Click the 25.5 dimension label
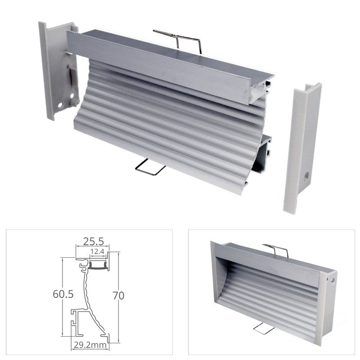(93, 242)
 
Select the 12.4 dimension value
(97, 252)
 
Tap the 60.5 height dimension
(63, 294)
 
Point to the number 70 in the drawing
(118, 296)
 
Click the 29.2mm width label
(90, 345)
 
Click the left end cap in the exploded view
(59, 70)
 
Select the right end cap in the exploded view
(302, 149)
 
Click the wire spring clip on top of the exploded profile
(177, 41)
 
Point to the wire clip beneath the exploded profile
(150, 167)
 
